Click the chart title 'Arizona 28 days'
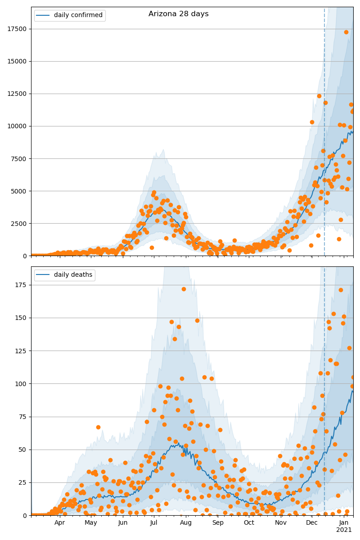tap(179, 14)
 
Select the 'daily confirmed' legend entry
tap(78, 15)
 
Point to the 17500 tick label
tap(17, 29)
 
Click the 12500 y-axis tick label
tap(17, 94)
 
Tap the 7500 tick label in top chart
tap(18, 158)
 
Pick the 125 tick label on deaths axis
tap(20, 351)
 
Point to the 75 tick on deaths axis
tap(22, 417)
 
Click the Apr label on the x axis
tap(60, 523)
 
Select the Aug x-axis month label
tap(186, 523)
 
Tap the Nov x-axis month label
tap(281, 523)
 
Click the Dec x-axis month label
tap(312, 523)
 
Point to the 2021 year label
tap(344, 530)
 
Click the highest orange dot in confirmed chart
tap(346, 32)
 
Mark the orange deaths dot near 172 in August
tap(184, 289)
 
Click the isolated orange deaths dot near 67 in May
tap(98, 427)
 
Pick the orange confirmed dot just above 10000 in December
tap(312, 122)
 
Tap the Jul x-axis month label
tap(153, 523)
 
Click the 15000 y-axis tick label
tap(17, 61)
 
